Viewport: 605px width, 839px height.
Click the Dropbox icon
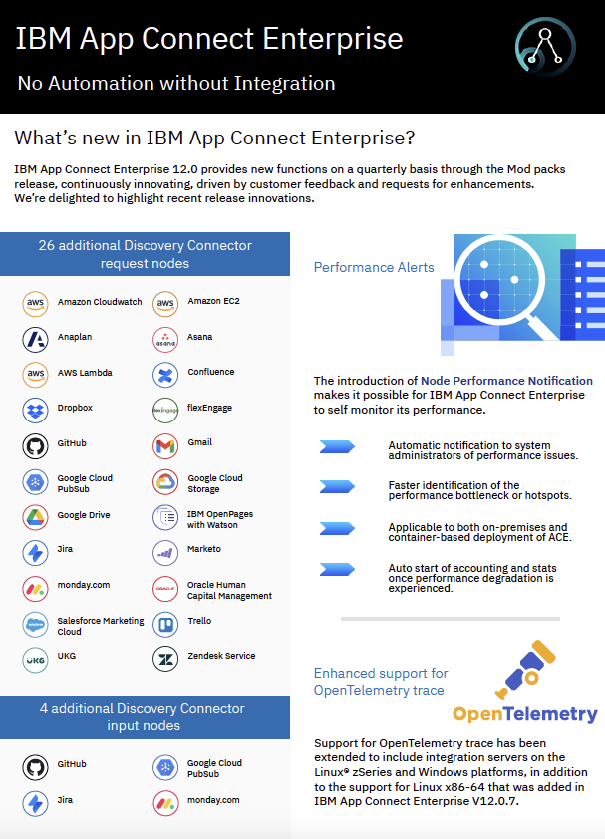[x=35, y=409]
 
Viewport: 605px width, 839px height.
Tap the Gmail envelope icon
[x=165, y=444]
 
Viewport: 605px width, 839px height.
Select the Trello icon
[x=165, y=623]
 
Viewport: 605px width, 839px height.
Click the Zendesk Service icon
[x=165, y=658]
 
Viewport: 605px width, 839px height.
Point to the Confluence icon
[x=165, y=374]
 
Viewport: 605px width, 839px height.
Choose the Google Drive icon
[x=35, y=517]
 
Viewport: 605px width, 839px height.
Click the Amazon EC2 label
[x=213, y=302]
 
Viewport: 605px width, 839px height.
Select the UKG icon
[x=35, y=658]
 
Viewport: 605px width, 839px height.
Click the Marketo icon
[x=165, y=551]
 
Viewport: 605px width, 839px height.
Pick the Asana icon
[x=165, y=339]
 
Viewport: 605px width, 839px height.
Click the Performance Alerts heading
[x=374, y=267]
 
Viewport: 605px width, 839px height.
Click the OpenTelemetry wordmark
[x=525, y=713]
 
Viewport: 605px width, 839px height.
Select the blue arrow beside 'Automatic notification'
[x=337, y=447]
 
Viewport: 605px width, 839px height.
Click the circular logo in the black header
[x=544, y=48]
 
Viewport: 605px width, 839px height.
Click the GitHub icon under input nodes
[x=35, y=767]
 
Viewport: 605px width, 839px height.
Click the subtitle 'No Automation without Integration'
[x=175, y=83]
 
